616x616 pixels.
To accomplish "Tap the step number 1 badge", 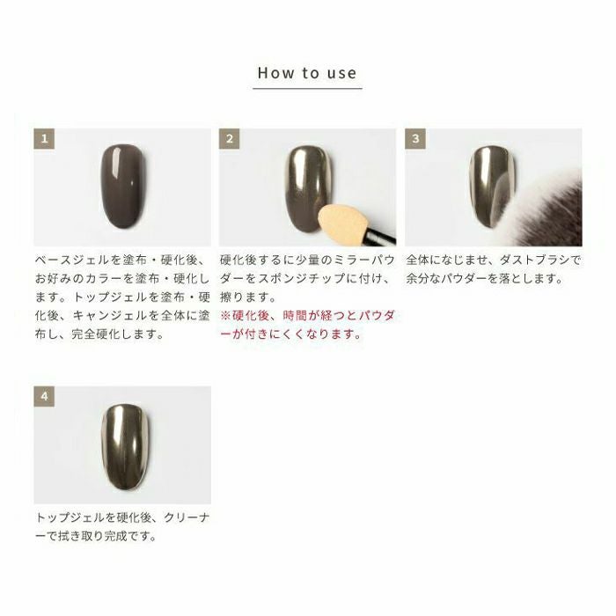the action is [44, 139].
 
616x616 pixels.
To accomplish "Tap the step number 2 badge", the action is [230, 139].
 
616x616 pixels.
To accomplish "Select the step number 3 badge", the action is [415, 139].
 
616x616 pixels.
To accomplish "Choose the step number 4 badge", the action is [44, 396].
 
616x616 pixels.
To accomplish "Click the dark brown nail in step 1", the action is [123, 187].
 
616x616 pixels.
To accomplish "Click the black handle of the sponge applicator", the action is [380, 235].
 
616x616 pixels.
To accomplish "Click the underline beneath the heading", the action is [307, 88].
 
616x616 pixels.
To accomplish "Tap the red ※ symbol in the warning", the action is [225, 315].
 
